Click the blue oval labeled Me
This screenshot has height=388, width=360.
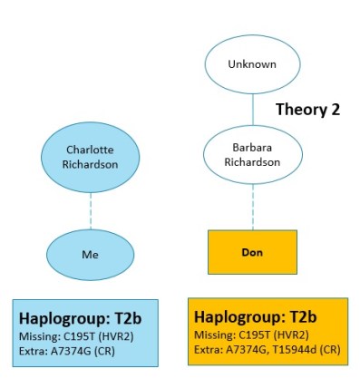[90, 255]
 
